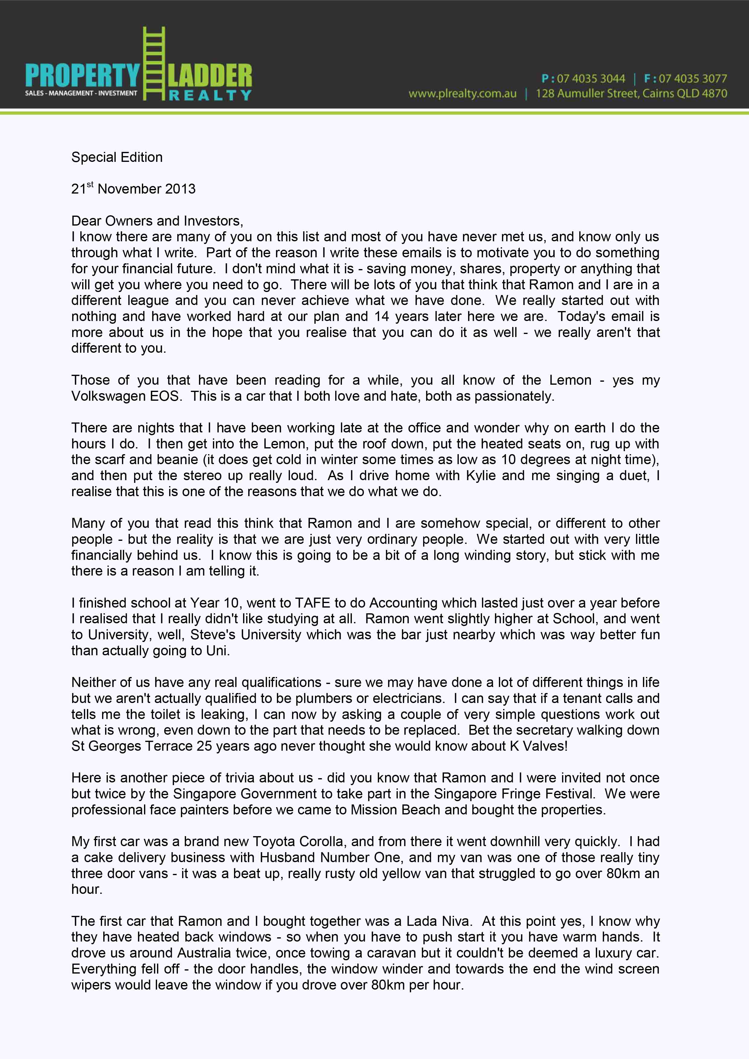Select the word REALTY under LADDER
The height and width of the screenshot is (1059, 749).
pyautogui.click(x=210, y=95)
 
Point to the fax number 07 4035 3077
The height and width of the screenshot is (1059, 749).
pyautogui.click(x=693, y=79)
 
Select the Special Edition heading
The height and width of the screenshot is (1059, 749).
pyautogui.click(x=117, y=157)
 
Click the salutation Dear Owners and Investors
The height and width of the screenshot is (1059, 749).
pyautogui.click(x=157, y=221)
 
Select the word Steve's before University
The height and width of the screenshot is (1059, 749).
pyautogui.click(x=213, y=635)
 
